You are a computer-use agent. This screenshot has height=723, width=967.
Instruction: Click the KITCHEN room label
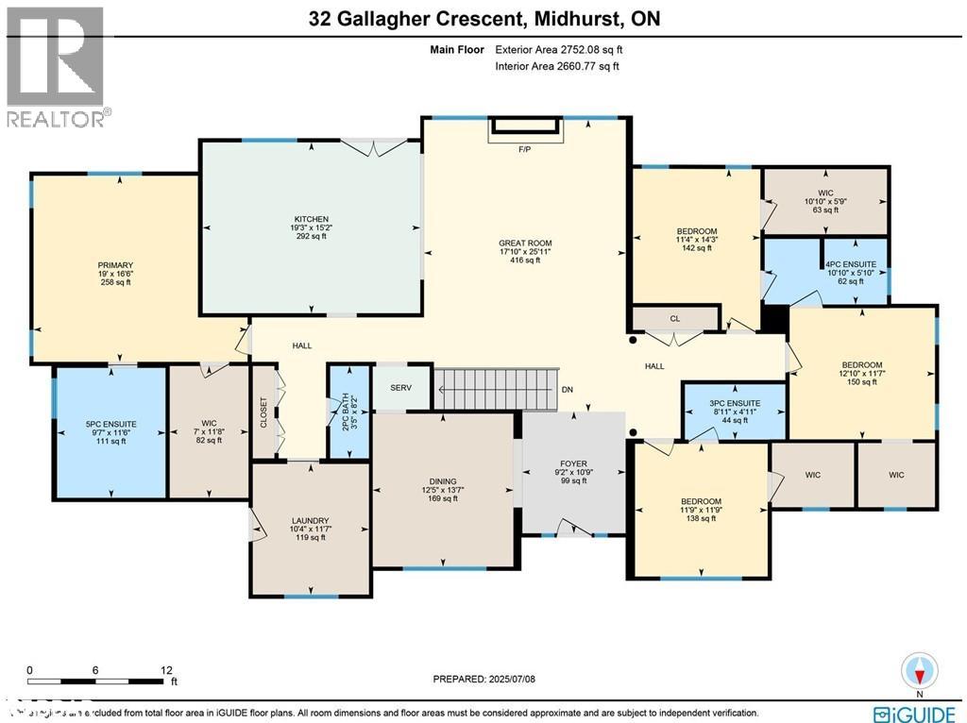(x=310, y=219)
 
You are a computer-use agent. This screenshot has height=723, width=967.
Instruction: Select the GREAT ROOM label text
(x=524, y=242)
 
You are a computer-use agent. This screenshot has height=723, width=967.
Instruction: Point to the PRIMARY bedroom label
(x=115, y=265)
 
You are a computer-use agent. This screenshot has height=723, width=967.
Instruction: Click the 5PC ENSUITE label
(x=111, y=425)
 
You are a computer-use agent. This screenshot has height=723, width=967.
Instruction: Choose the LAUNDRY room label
(x=310, y=521)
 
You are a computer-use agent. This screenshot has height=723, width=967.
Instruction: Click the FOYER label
(x=573, y=463)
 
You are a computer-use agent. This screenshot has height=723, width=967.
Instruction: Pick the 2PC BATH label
(x=347, y=412)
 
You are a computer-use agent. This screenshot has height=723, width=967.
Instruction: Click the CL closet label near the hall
(x=674, y=319)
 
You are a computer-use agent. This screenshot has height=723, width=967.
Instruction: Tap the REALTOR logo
(x=57, y=66)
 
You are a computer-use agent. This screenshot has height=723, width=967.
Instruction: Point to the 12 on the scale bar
(x=166, y=668)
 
